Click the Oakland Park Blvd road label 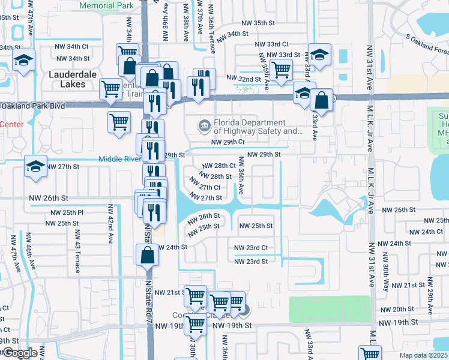(x=33, y=106)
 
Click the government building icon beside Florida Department (x=204, y=125)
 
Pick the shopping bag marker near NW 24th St (x=147, y=255)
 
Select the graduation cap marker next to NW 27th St (x=35, y=167)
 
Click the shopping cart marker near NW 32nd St (x=281, y=69)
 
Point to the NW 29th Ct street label (x=229, y=142)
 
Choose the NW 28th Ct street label (x=218, y=166)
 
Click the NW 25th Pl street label (x=67, y=213)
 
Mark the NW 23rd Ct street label (x=250, y=248)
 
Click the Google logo (x=20, y=353)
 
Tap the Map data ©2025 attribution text (x=424, y=355)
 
